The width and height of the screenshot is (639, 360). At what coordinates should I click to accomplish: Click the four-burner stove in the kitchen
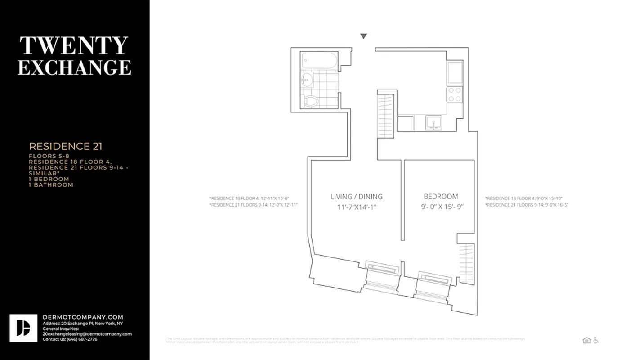coord(455,94)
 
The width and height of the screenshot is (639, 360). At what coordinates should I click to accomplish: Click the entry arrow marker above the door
coord(363,36)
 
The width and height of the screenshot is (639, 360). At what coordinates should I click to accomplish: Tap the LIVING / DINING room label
coord(357,197)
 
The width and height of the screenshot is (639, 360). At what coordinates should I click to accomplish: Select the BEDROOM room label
coord(441,196)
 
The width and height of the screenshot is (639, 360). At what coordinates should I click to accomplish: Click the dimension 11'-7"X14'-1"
coord(357,207)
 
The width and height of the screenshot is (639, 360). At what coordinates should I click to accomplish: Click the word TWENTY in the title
coord(74,45)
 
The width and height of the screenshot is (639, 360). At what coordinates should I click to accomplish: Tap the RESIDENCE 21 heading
coord(66,146)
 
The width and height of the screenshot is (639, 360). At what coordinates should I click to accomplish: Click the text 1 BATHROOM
coord(51,184)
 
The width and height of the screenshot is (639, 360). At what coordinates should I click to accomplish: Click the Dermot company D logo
coord(23,328)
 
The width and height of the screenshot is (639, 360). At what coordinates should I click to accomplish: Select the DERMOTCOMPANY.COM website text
coord(83,317)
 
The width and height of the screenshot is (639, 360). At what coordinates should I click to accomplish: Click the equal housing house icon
coord(586,340)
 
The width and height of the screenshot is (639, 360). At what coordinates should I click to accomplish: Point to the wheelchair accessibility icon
coord(596,340)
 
